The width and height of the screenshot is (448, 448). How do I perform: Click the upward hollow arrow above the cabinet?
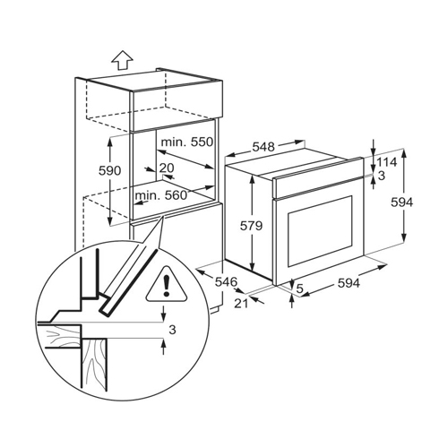[122, 60]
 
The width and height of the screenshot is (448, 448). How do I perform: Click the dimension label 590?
[110, 170]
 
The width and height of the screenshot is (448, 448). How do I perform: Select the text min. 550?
[187, 142]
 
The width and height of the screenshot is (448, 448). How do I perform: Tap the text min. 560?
[161, 195]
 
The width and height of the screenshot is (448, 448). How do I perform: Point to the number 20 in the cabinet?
[167, 168]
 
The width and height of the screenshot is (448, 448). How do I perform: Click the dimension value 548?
[263, 147]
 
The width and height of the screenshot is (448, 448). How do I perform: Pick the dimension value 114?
[386, 162]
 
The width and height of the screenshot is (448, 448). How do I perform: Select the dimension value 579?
[252, 226]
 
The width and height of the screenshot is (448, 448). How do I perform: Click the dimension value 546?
[226, 281]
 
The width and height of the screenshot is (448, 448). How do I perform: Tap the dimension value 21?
[241, 304]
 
